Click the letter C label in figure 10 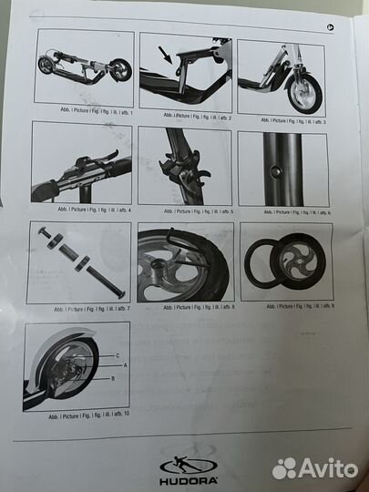[116, 354]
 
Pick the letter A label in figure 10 [116, 364]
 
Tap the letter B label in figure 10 [113, 376]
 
